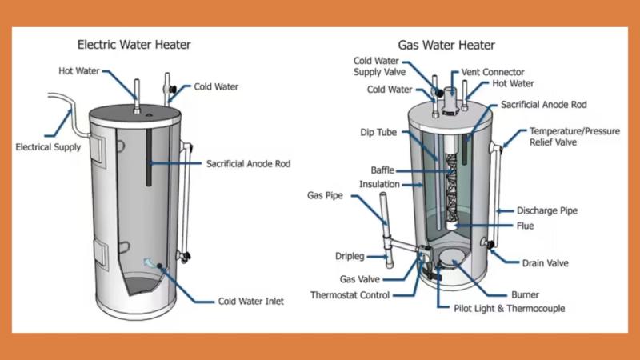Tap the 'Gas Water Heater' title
tap(446, 45)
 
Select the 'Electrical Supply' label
tap(47, 147)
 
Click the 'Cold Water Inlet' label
tap(250, 302)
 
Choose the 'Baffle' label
tap(382, 170)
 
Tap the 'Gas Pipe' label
tap(326, 195)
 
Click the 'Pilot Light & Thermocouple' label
tap(502, 308)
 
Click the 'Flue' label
tap(525, 226)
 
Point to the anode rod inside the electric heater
tap(150, 151)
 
